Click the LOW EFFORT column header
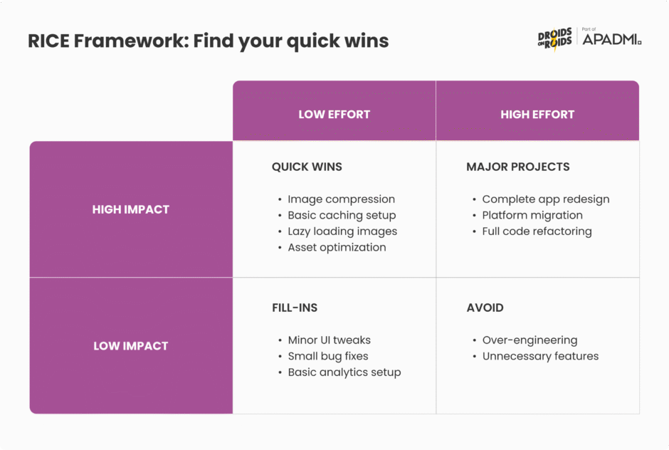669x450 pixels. pyautogui.click(x=334, y=114)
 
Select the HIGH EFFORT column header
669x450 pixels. pyautogui.click(x=537, y=114)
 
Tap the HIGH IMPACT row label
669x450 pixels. pyautogui.click(x=131, y=209)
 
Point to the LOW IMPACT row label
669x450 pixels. pyautogui.click(x=131, y=346)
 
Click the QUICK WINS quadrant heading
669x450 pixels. pyautogui.click(x=307, y=167)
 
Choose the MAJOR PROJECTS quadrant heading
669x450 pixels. pyautogui.click(x=518, y=167)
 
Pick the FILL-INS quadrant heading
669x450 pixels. pyautogui.click(x=295, y=308)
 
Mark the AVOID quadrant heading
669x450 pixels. pyautogui.click(x=485, y=308)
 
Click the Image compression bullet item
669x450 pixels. pyautogui.click(x=341, y=199)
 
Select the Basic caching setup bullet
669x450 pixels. pyautogui.click(x=342, y=215)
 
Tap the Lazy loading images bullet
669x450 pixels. pyautogui.click(x=342, y=231)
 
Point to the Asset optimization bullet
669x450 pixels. pyautogui.click(x=337, y=247)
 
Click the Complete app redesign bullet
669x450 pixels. pyautogui.click(x=546, y=199)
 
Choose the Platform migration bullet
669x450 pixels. pyautogui.click(x=532, y=215)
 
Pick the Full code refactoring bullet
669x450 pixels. pyautogui.click(x=537, y=231)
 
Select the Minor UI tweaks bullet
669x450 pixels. pyautogui.click(x=329, y=340)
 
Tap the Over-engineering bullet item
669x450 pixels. pyautogui.click(x=530, y=340)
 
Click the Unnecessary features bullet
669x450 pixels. pyautogui.click(x=540, y=356)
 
